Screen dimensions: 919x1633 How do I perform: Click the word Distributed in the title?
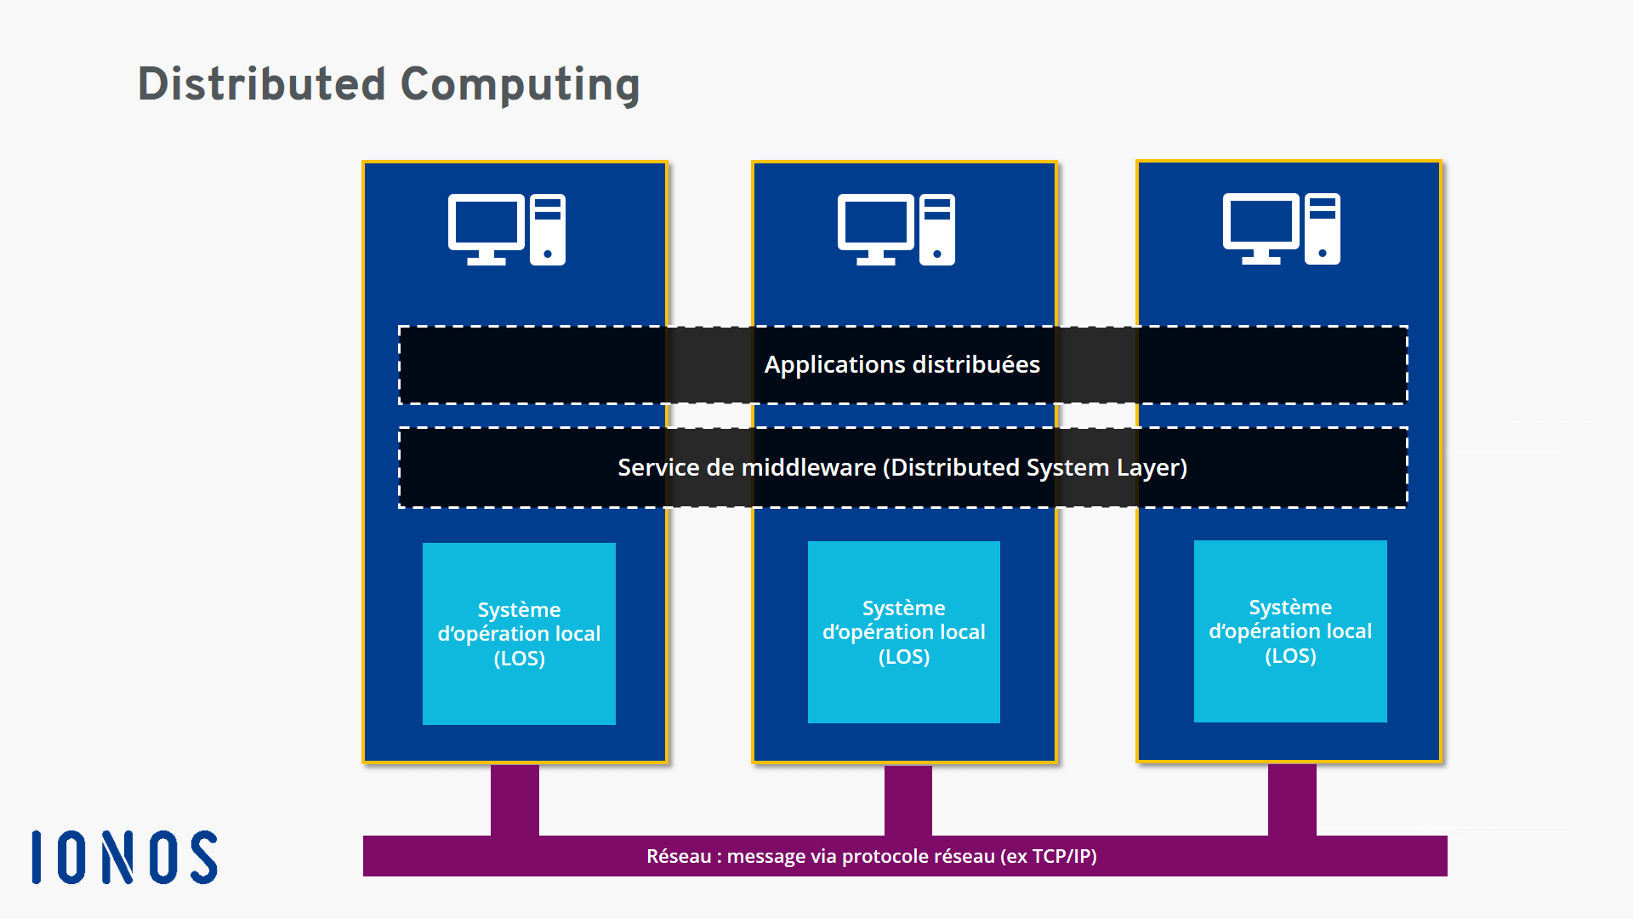pyautogui.click(x=262, y=84)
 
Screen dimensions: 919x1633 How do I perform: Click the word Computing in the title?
pyautogui.click(x=520, y=84)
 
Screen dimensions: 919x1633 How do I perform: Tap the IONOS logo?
pyautogui.click(x=125, y=857)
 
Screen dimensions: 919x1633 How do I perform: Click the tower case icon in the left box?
pyautogui.click(x=548, y=230)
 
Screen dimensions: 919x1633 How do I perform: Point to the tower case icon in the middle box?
pyautogui.click(x=937, y=230)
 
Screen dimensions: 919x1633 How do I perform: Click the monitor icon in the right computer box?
pyautogui.click(x=1261, y=227)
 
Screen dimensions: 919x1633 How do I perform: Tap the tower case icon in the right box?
pyautogui.click(x=1323, y=229)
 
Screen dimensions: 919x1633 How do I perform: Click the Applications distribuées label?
pyautogui.click(x=902, y=364)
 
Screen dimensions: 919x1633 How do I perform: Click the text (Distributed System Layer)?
pyautogui.click(x=1035, y=467)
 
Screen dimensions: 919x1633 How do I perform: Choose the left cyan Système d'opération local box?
pyautogui.click(x=519, y=634)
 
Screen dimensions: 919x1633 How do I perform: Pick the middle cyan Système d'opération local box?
pyautogui.click(x=904, y=632)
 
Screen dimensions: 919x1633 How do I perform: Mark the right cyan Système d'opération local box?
pyautogui.click(x=1290, y=631)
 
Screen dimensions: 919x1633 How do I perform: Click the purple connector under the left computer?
pyautogui.click(x=515, y=800)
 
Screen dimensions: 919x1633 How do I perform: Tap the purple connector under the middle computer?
pyautogui.click(x=908, y=800)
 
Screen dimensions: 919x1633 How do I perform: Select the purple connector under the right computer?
pyautogui.click(x=1292, y=800)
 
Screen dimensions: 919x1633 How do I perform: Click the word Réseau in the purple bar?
pyautogui.click(x=678, y=856)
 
